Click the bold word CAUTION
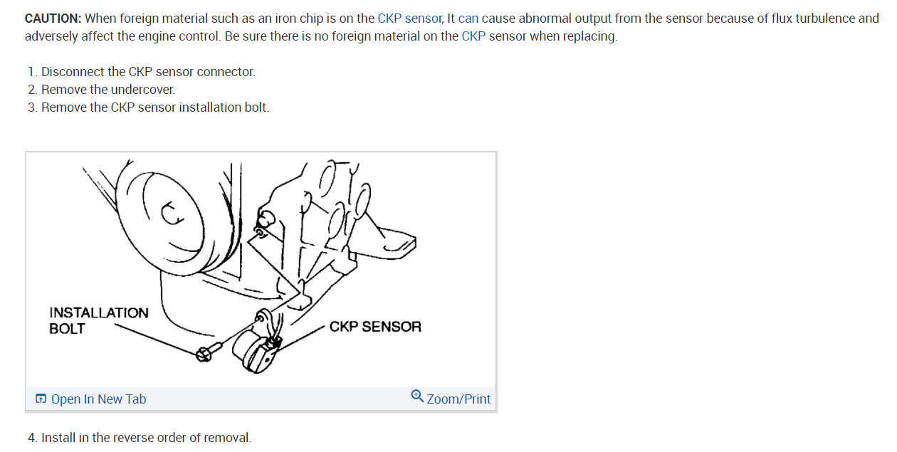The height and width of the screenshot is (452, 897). (53, 19)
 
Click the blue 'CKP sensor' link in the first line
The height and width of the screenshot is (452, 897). (409, 19)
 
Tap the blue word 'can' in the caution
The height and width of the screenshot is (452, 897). (468, 19)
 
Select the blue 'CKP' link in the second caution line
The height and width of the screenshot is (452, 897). (473, 36)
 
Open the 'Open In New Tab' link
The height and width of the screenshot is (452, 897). (98, 399)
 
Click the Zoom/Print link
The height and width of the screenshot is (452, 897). (458, 399)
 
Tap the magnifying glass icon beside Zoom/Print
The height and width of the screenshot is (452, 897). (417, 396)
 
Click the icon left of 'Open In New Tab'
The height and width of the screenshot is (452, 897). (41, 399)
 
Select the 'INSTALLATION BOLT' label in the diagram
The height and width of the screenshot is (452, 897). (98, 321)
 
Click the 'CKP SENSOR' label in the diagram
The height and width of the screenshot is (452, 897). (375, 327)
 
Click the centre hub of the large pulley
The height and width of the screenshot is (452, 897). (172, 214)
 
